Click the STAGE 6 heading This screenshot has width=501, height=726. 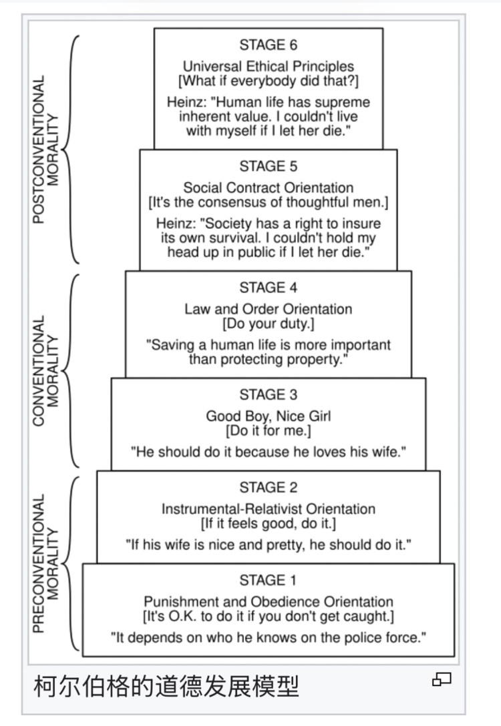268,45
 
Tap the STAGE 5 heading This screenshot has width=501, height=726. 268,166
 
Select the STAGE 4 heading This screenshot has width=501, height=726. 268,288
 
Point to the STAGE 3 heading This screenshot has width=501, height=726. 268,394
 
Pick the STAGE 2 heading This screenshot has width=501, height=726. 268,487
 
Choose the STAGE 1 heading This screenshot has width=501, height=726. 268,579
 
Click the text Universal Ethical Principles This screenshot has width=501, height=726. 268,67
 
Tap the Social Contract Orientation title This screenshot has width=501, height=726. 268,188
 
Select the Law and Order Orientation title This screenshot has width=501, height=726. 268,309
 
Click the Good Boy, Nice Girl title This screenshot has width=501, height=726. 268,416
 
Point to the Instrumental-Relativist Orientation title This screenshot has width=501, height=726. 268,508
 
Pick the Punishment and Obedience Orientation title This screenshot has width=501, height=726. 268,601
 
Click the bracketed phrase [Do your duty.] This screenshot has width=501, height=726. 268,324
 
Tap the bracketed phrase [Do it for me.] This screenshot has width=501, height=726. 268,430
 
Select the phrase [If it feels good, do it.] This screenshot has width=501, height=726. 268,522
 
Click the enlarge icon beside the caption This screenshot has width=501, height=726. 442,679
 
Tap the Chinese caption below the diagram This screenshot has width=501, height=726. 166,686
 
